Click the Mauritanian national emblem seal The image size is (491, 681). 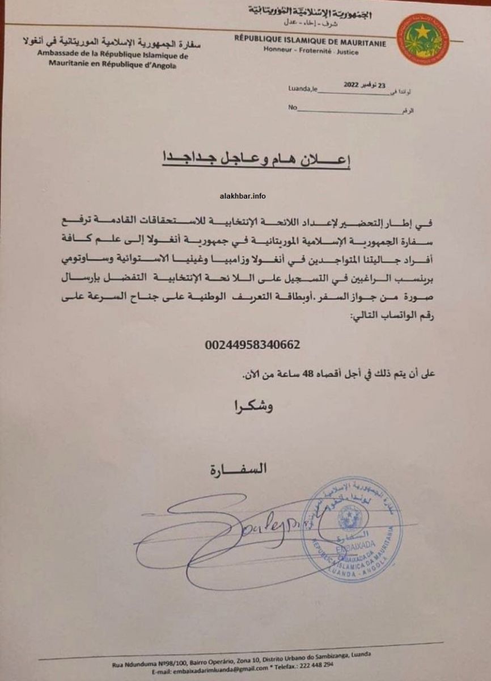pyautogui.click(x=422, y=39)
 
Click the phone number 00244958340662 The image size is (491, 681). pyautogui.click(x=252, y=344)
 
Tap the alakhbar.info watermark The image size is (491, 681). pyautogui.click(x=242, y=196)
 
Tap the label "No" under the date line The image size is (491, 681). pyautogui.click(x=293, y=107)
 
